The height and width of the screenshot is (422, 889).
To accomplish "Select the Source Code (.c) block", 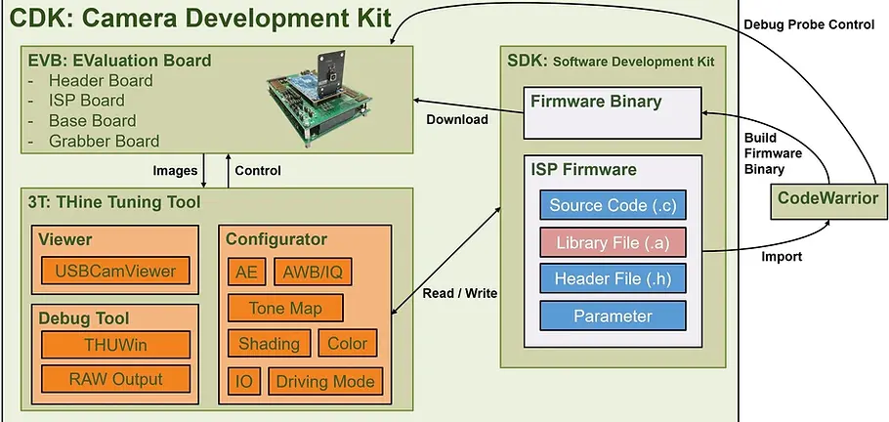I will point(613,205).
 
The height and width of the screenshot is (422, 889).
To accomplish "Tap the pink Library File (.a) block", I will point(613,242).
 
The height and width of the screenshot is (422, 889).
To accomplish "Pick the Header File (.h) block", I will point(613,278).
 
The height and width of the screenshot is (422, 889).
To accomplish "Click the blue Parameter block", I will point(613,316).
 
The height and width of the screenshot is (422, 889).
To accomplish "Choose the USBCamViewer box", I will point(115,271).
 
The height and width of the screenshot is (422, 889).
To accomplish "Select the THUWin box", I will point(115,343).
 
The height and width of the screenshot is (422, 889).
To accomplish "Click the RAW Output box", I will point(115,379).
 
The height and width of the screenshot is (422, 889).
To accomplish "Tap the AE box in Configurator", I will point(245,272).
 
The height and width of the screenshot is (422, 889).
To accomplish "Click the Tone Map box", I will point(286,308).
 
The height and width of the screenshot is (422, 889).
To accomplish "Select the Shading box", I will point(269,344).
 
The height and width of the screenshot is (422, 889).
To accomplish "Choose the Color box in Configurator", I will point(347,344).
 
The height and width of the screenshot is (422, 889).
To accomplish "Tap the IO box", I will point(244,381).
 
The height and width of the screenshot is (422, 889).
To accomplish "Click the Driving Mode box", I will point(325,381).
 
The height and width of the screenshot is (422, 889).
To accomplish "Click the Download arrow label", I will point(457,120).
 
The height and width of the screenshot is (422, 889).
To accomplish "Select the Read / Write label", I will point(454,293).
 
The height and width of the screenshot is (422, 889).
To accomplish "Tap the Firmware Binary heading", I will point(595,102).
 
